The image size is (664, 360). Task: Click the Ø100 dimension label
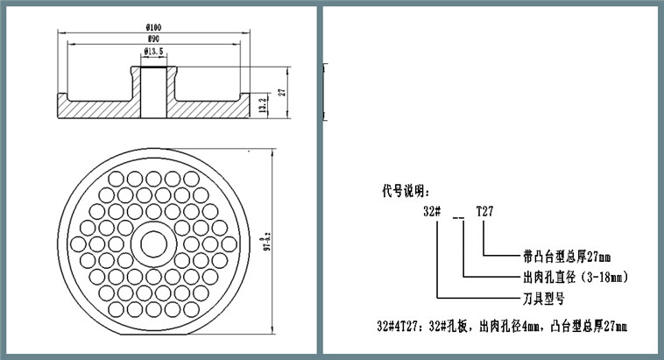(x=153, y=28)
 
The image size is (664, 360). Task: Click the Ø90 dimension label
(x=153, y=39)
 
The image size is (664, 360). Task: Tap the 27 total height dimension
(x=282, y=91)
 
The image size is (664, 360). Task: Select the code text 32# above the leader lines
(x=432, y=212)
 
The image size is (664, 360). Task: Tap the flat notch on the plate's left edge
(x=64, y=243)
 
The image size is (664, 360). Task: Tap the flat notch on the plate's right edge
(x=244, y=243)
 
